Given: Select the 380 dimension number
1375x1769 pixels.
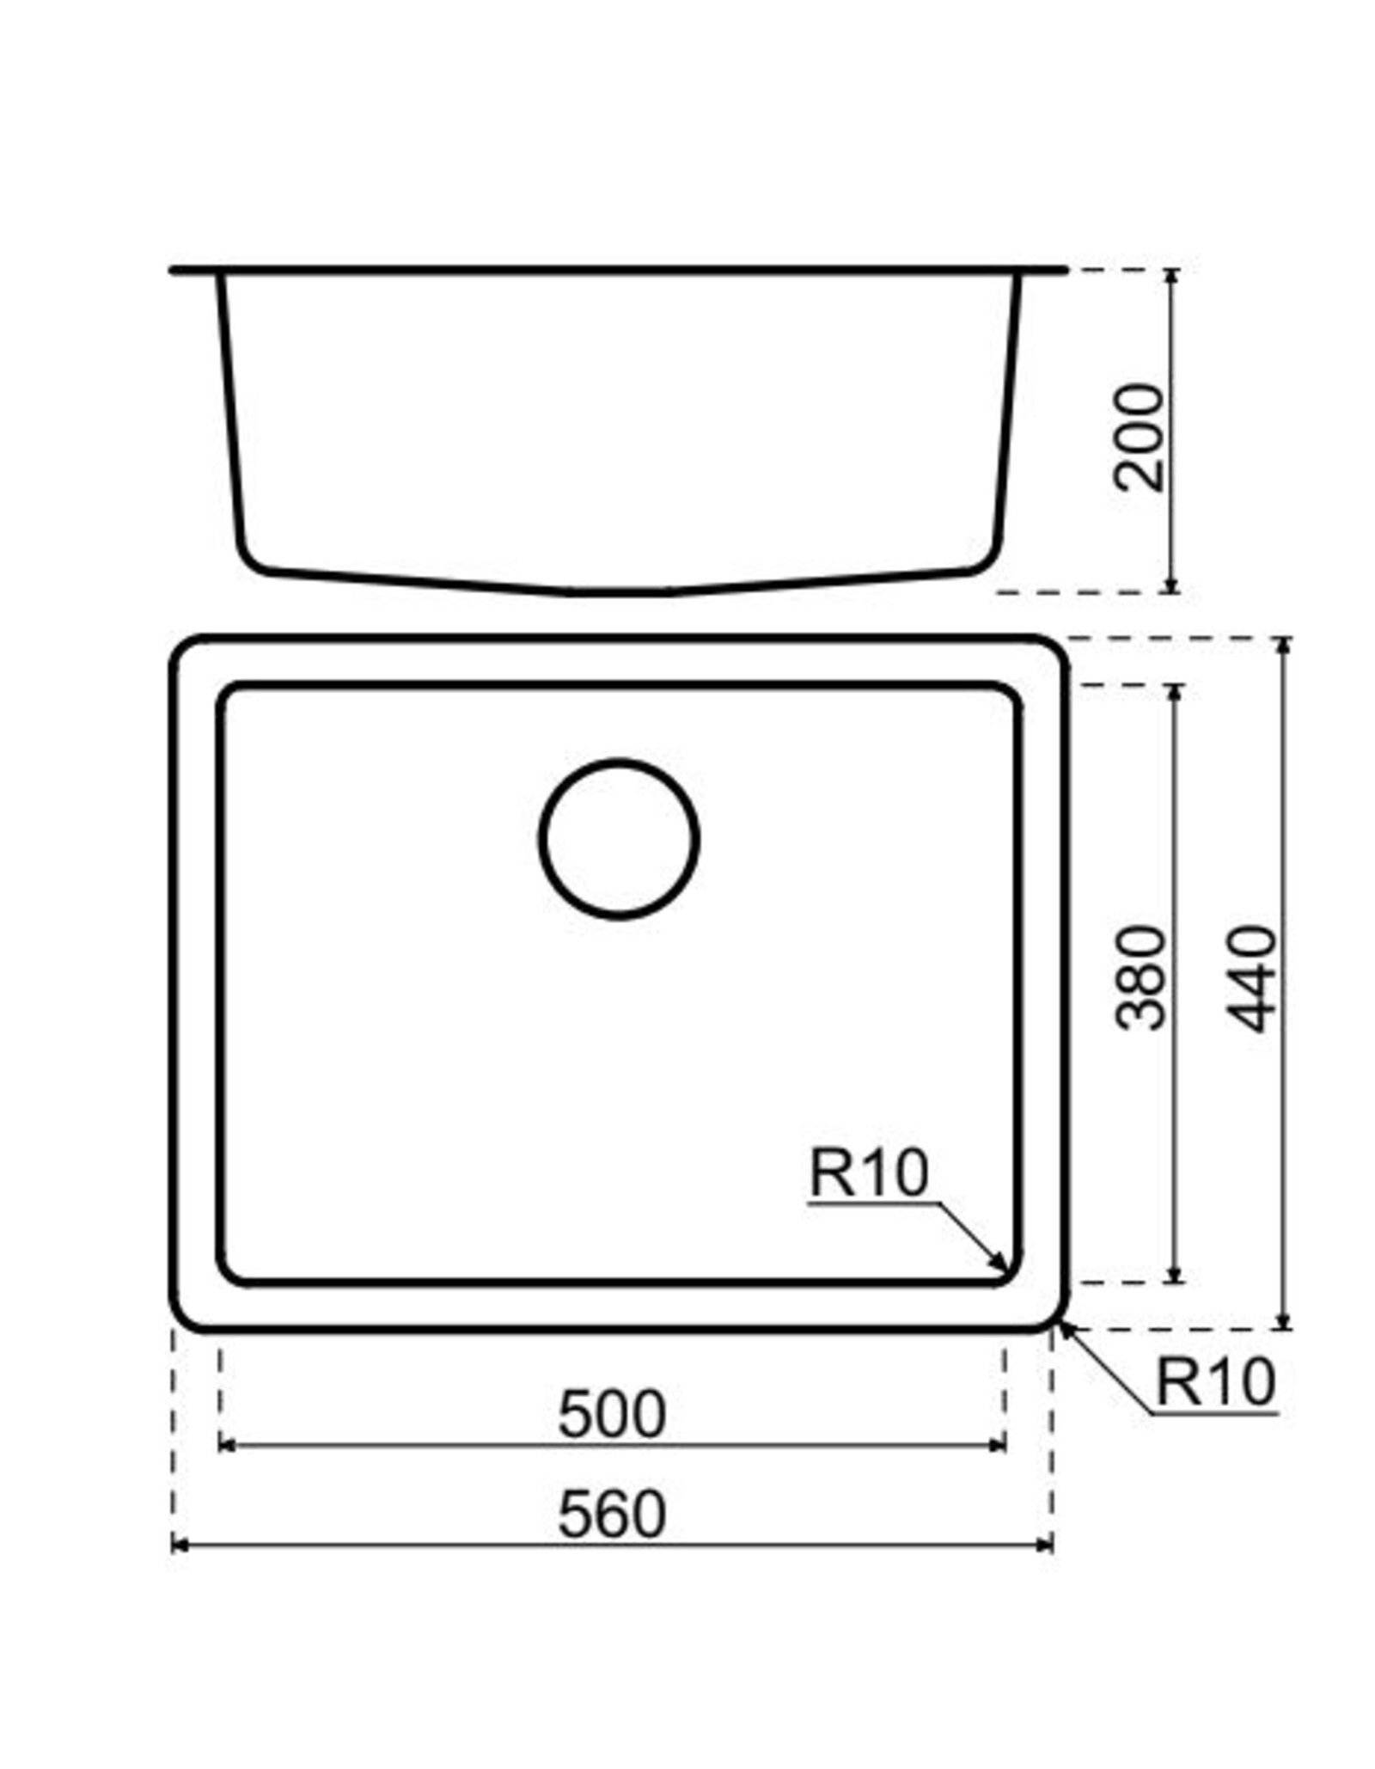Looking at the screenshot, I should (x=1140, y=977).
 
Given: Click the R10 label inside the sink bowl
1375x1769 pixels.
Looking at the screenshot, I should (x=869, y=1174).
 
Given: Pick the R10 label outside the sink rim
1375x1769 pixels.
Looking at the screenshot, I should (x=1215, y=1381).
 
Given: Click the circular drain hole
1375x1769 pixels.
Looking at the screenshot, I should (x=619, y=838).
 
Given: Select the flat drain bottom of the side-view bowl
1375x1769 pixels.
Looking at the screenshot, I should (x=619, y=592).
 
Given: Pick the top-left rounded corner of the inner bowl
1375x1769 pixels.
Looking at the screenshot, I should (x=231, y=698).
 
